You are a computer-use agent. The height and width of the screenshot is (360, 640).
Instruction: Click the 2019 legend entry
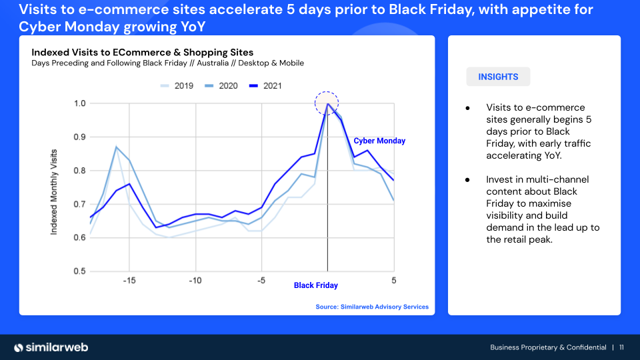click(177, 86)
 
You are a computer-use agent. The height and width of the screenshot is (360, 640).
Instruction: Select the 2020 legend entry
click(221, 86)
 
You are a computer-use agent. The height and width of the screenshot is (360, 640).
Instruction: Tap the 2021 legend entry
click(265, 86)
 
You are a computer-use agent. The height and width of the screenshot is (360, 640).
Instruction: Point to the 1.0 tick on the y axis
click(79, 103)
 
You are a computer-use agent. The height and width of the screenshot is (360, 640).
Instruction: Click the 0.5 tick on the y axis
click(79, 271)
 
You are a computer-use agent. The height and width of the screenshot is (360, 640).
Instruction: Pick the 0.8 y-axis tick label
click(79, 171)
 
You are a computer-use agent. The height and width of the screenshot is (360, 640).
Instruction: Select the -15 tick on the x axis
click(129, 281)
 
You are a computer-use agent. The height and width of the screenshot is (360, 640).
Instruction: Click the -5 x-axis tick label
click(261, 281)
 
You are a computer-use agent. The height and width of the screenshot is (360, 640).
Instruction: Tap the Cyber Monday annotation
click(379, 141)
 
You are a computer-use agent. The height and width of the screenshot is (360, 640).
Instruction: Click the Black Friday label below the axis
click(316, 285)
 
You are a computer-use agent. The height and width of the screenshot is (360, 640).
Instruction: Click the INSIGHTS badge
click(498, 77)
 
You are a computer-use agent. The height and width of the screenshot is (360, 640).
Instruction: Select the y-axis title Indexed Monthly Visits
click(53, 192)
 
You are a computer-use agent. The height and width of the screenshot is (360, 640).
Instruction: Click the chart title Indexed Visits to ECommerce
click(143, 52)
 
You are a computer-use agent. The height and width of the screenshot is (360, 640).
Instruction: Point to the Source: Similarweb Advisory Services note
click(372, 307)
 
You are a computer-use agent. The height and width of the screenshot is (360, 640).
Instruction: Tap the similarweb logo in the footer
click(51, 347)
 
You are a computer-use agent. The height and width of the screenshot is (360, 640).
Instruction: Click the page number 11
click(621, 347)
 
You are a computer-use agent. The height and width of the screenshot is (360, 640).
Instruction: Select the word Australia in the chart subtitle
click(213, 63)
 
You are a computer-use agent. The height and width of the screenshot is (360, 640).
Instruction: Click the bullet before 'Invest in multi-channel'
click(467, 180)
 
